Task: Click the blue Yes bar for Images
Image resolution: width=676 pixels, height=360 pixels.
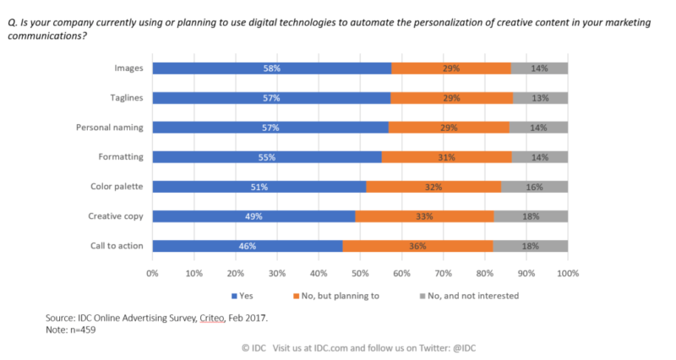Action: point(271,68)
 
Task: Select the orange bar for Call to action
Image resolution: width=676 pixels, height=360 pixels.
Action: point(417,246)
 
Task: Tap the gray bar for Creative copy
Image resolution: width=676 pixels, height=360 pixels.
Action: point(530,216)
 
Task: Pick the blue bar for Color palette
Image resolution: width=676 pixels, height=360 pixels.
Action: point(259,187)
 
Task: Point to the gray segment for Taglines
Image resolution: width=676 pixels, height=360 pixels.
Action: point(540,97)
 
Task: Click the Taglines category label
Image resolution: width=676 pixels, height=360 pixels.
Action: point(124,97)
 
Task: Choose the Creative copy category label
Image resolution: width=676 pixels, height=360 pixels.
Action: point(116,216)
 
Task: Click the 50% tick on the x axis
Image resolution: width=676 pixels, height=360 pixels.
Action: point(360,274)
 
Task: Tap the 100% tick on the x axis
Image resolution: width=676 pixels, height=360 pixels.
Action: point(567,274)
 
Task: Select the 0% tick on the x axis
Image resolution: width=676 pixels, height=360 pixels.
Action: point(153,274)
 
